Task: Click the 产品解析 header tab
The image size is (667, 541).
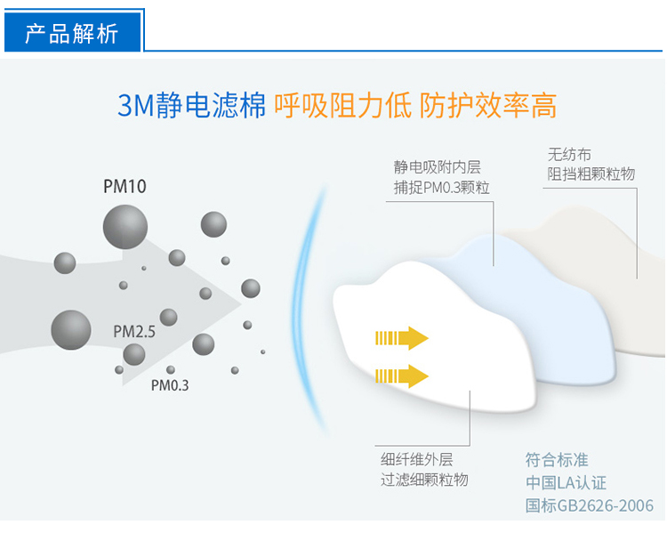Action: click(x=72, y=32)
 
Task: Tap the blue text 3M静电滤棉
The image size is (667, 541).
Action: click(x=191, y=105)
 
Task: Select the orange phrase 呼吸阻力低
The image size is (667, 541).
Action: click(x=343, y=105)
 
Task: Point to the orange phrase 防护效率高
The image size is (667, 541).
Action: click(x=488, y=105)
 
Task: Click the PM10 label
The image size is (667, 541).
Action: click(x=125, y=187)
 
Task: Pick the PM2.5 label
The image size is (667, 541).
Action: click(x=134, y=332)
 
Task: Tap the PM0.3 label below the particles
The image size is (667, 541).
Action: click(x=170, y=385)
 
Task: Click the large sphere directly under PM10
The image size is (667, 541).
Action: click(x=125, y=227)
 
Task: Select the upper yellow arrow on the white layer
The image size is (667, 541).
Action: click(x=402, y=338)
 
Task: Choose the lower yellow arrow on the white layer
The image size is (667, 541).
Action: click(x=402, y=375)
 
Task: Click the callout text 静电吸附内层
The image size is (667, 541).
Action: click(x=437, y=167)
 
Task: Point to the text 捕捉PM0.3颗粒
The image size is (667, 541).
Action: click(x=441, y=187)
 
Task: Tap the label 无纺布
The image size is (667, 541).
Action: click(x=569, y=155)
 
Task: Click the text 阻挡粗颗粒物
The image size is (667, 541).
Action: click(x=591, y=174)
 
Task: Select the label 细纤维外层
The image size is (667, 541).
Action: click(x=417, y=460)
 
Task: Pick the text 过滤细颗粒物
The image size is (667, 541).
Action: click(x=424, y=480)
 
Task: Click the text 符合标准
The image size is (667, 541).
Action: click(x=557, y=460)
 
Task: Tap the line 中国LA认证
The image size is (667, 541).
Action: click(x=566, y=482)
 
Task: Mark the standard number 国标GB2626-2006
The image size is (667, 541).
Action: click(x=589, y=505)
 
